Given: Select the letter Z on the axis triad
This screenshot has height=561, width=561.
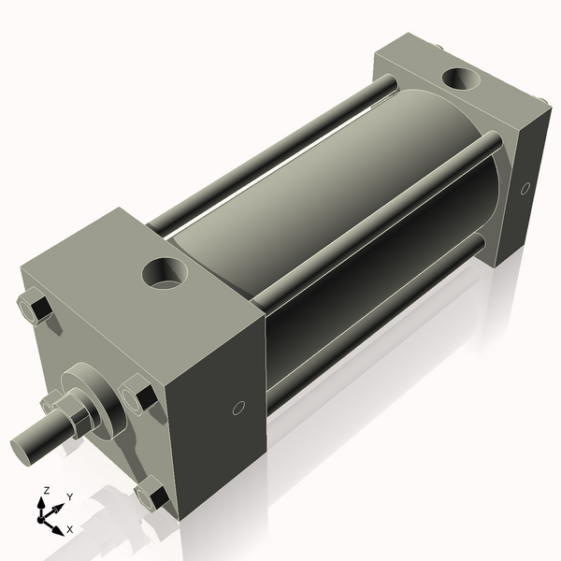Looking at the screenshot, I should tap(46, 490).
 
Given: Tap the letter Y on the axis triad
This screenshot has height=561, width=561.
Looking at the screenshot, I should tap(69, 497).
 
